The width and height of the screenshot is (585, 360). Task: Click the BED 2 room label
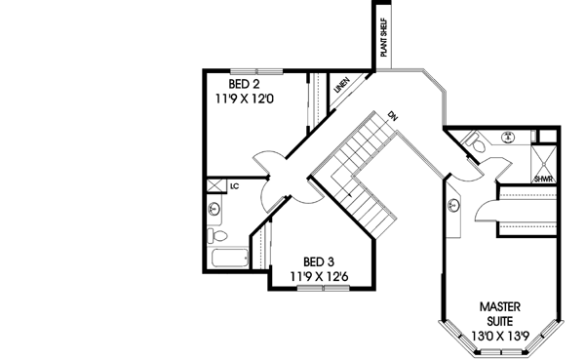click(x=242, y=84)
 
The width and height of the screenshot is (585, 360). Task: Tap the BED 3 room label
click(x=319, y=261)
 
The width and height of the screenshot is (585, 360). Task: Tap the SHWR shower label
click(x=543, y=180)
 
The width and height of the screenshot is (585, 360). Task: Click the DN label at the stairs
click(x=392, y=115)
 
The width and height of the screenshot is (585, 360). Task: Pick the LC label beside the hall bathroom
click(x=234, y=184)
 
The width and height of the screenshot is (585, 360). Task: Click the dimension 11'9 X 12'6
click(x=319, y=277)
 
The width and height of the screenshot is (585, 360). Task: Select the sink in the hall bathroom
click(x=214, y=208)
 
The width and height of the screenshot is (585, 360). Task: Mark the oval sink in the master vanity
click(x=455, y=204)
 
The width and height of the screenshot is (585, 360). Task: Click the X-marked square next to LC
click(x=214, y=184)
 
